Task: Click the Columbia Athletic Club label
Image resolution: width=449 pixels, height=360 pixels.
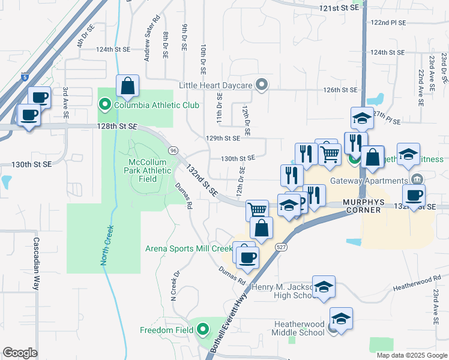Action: (148, 106)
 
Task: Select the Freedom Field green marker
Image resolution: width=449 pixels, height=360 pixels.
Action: (203, 329)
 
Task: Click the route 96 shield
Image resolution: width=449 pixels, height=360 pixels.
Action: (173, 149)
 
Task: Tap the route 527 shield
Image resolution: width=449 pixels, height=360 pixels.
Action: (280, 247)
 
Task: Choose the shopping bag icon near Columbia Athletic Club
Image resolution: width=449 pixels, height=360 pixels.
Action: (128, 86)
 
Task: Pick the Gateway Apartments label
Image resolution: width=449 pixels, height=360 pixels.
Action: (377, 181)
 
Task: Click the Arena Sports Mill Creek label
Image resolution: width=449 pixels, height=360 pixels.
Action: (188, 248)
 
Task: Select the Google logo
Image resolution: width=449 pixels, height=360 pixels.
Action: (20, 353)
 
